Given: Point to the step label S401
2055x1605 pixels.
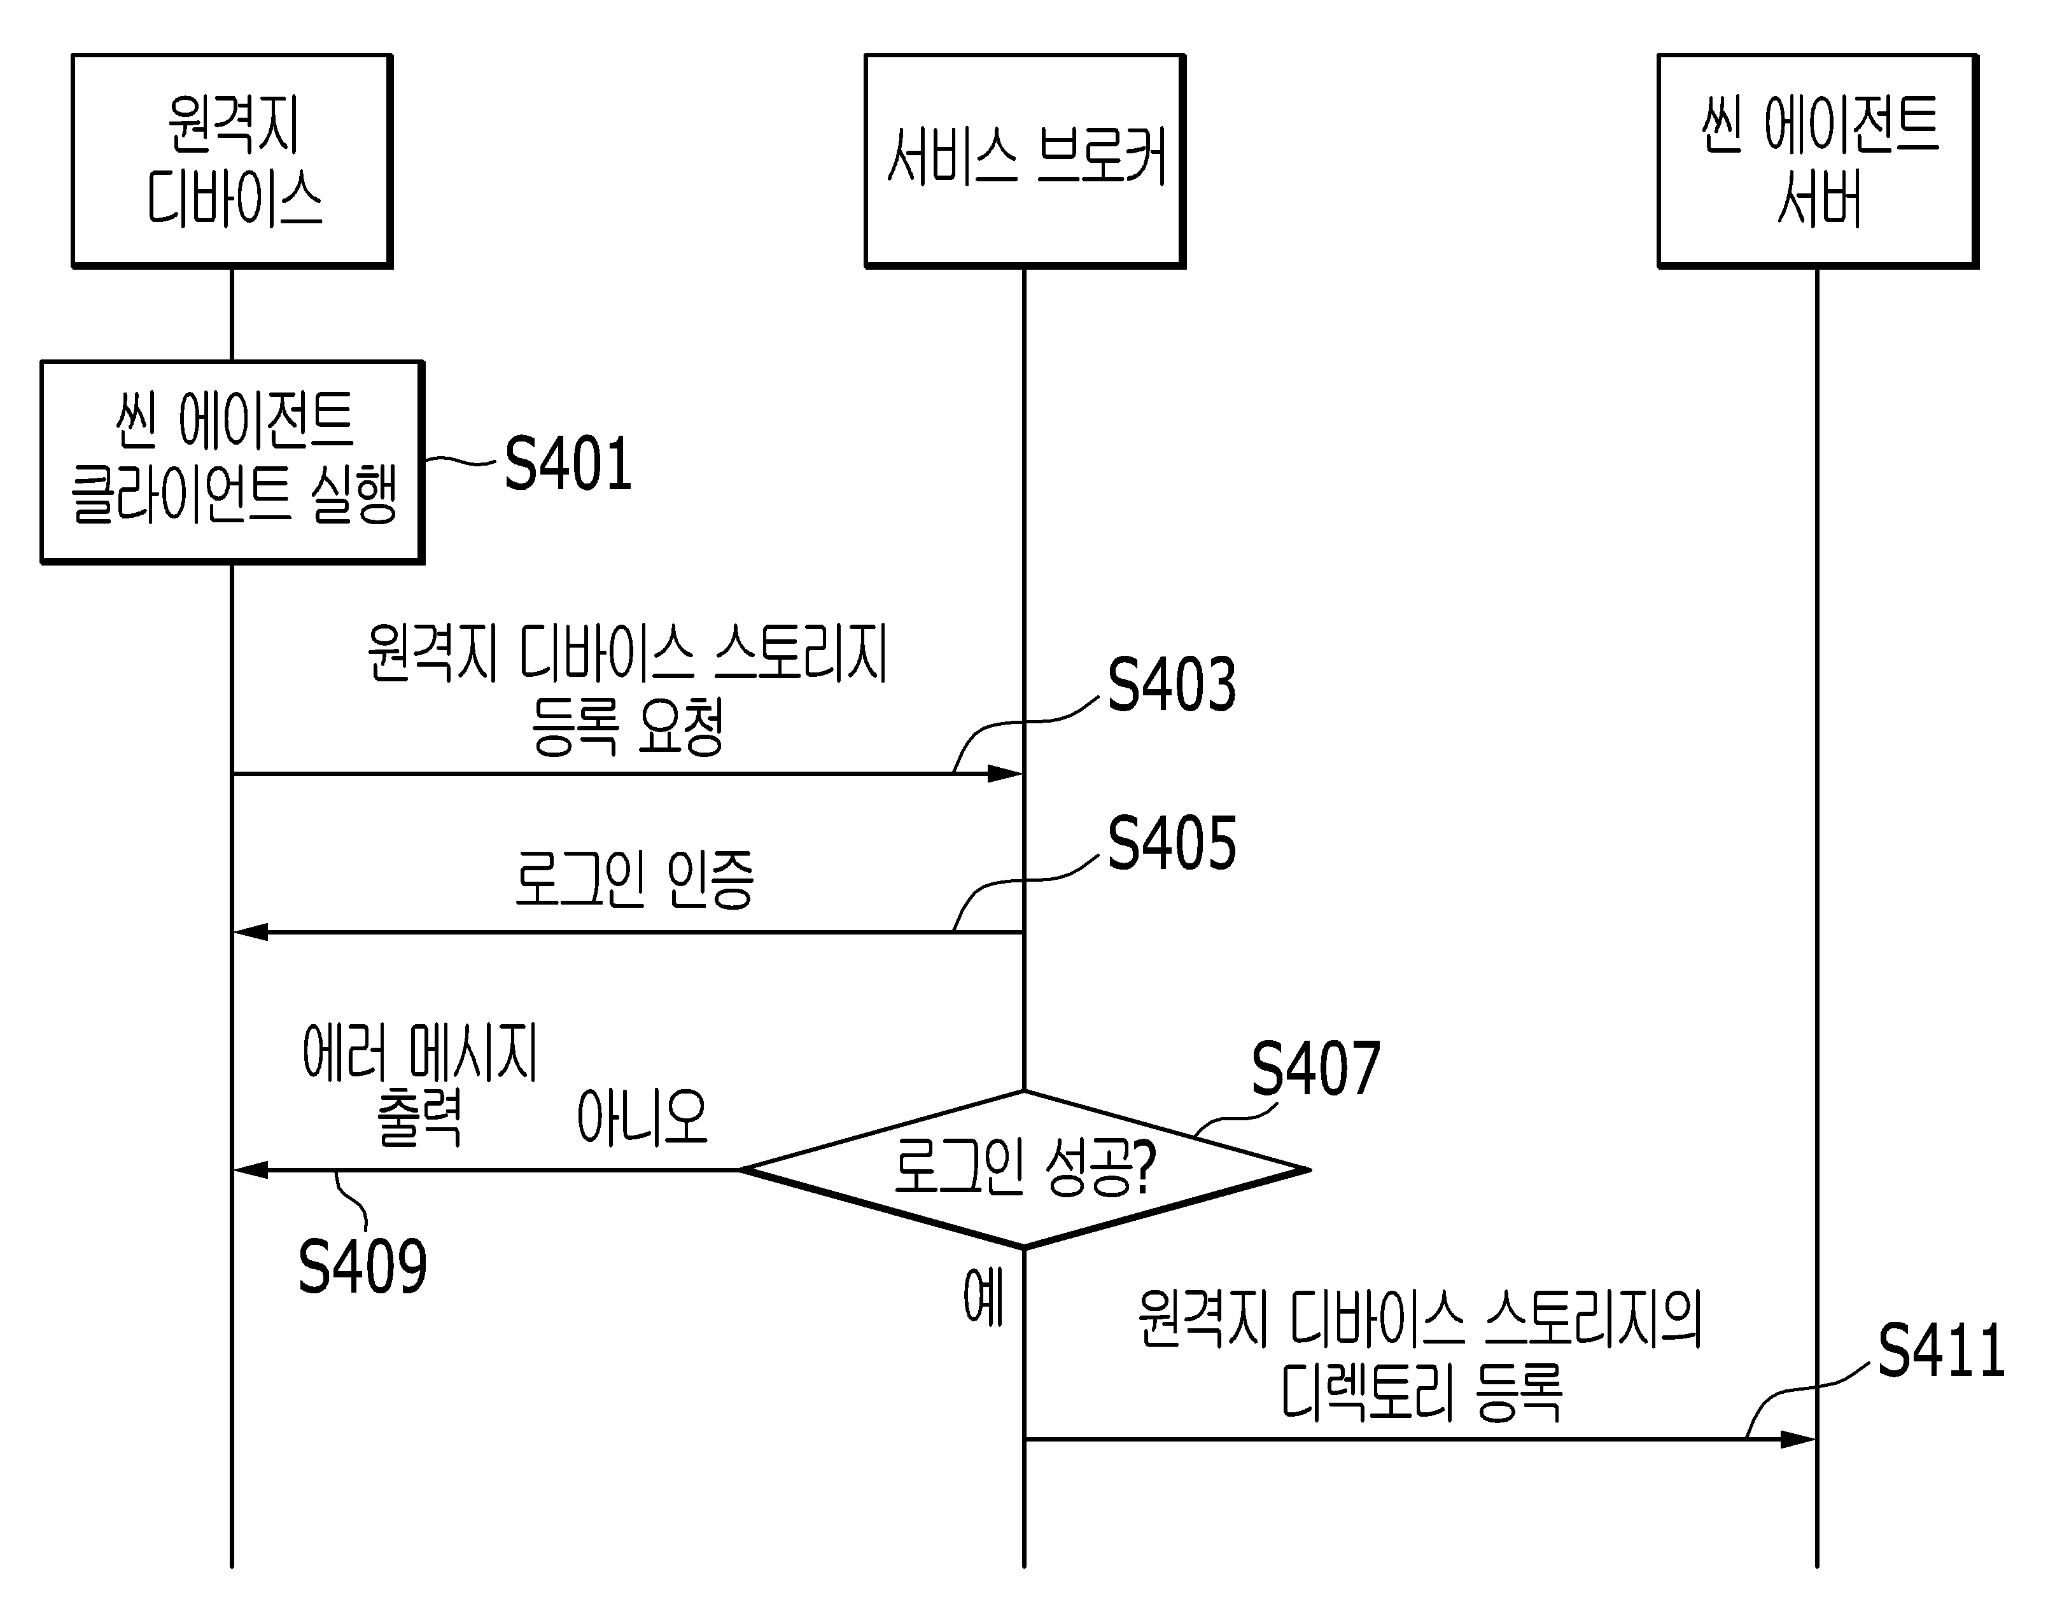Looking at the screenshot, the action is [568, 464].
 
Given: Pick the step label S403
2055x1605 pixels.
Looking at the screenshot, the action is [1172, 685].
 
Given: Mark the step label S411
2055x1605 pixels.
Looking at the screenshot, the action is [1941, 1351].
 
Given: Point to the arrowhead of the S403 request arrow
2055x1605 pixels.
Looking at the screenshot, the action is [1005, 774].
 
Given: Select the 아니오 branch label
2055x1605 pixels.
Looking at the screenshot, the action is [642, 1118].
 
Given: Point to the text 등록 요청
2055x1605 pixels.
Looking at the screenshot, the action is [628, 726].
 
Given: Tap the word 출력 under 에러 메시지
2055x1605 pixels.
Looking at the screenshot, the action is [419, 1118].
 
